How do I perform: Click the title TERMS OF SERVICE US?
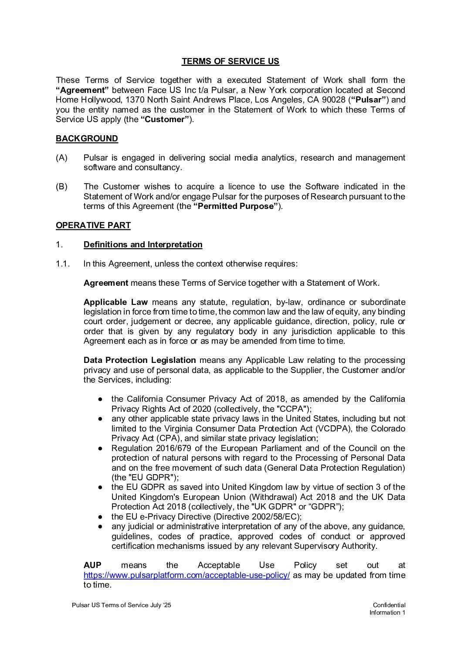(x=230, y=61)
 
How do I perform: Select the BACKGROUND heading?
(x=87, y=139)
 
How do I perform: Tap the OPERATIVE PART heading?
(x=93, y=226)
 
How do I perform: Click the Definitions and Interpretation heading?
(x=143, y=245)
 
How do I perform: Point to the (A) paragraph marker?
(x=61, y=158)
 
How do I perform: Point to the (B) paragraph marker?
(x=61, y=187)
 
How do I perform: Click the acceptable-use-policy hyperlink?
(x=186, y=575)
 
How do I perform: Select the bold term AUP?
(x=92, y=566)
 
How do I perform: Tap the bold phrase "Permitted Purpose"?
(x=236, y=206)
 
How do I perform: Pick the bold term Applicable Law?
(x=115, y=302)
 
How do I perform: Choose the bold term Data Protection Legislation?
(x=139, y=360)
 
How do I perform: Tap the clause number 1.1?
(x=63, y=264)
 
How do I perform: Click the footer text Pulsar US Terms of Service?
(x=109, y=605)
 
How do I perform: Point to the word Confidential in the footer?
(x=389, y=605)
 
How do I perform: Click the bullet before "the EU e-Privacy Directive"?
(x=100, y=517)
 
